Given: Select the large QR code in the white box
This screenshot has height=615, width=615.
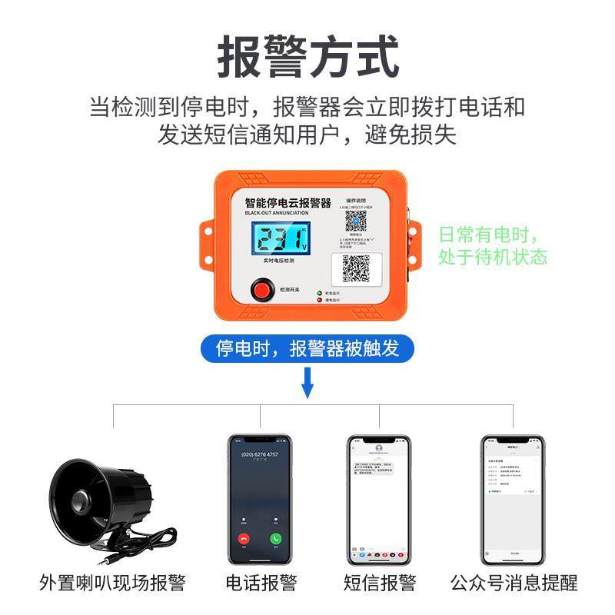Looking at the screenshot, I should pyautogui.click(x=356, y=268).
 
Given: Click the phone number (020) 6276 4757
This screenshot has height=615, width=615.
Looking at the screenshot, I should pyautogui.click(x=260, y=454).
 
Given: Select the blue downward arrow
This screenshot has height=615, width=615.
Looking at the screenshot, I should pyautogui.click(x=307, y=382).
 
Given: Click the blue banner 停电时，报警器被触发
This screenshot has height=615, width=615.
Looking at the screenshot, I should pyautogui.click(x=307, y=348).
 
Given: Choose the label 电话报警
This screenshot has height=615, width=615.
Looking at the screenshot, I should pyautogui.click(x=261, y=582).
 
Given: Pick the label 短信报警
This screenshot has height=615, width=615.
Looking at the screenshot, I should pyautogui.click(x=380, y=582).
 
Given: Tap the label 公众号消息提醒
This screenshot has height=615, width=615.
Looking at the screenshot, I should pyautogui.click(x=513, y=582).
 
